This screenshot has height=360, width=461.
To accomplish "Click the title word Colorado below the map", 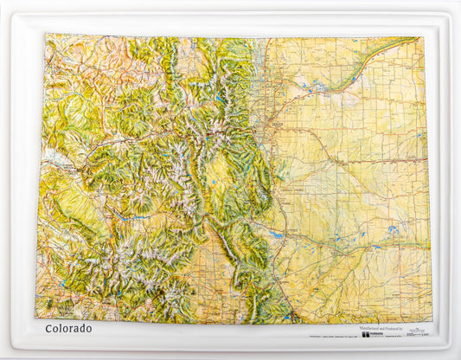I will click(x=68, y=329).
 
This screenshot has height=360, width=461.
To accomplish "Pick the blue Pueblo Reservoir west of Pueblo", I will click(x=276, y=235).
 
